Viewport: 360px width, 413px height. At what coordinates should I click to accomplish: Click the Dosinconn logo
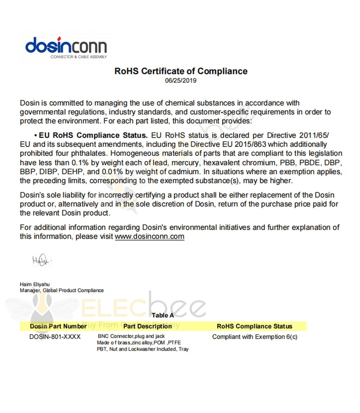point(66,46)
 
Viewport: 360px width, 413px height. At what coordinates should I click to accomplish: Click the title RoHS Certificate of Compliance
point(181,71)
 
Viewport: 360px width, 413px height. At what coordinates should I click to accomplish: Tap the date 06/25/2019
point(181,80)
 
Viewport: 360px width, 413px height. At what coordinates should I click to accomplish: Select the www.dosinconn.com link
point(149,237)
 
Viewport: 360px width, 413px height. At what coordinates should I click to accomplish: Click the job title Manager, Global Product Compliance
point(62,290)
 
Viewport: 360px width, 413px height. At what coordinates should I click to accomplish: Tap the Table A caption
point(163,315)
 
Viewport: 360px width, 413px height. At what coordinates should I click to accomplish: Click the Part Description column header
point(147,327)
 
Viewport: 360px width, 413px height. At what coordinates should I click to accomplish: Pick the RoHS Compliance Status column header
point(255,327)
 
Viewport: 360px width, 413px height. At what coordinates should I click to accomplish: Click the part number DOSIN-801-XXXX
point(55,337)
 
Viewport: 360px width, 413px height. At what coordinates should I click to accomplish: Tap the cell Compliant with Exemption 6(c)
point(255,337)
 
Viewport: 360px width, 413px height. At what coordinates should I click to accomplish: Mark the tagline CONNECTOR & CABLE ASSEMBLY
point(78,57)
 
